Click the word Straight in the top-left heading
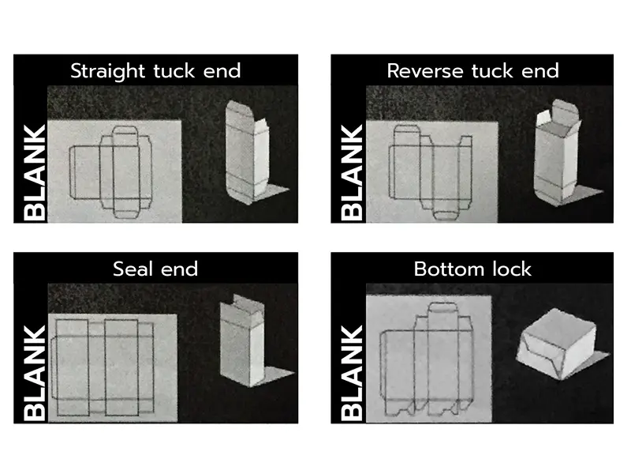coord(107,71)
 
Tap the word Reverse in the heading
coord(424,71)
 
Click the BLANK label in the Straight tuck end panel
coord(35,173)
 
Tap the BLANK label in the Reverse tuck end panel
coord(352,173)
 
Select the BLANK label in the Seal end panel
coord(35,373)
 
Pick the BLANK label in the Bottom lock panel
coord(352,373)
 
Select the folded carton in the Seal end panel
coord(242,340)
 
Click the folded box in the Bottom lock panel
coord(557,344)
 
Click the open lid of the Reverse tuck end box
coord(565,111)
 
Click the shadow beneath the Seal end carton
coord(274,376)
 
